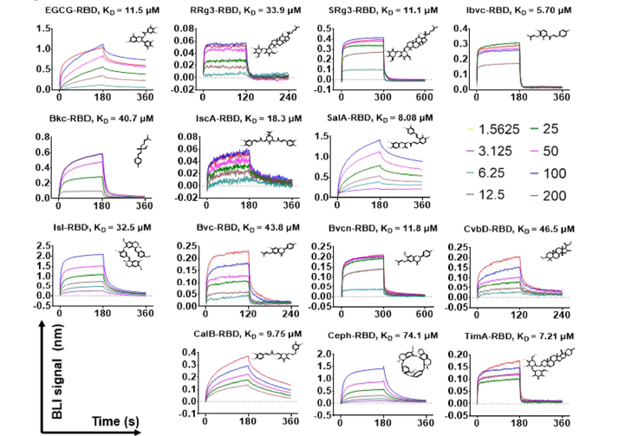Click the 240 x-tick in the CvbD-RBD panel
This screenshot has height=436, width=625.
click(567, 314)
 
